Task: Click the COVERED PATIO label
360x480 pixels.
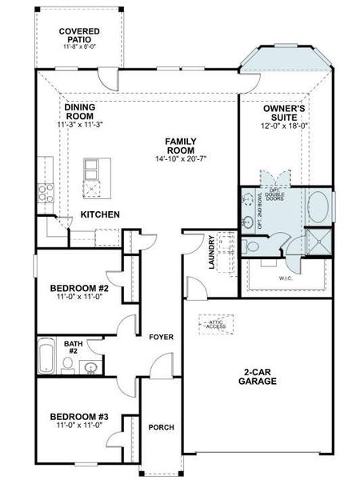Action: pos(79,35)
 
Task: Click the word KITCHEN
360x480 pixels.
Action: pos(100,214)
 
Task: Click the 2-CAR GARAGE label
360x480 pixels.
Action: pos(257,376)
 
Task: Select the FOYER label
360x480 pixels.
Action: pos(162,337)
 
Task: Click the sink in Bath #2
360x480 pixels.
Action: pos(90,367)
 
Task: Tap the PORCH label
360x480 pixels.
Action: pos(162,427)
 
